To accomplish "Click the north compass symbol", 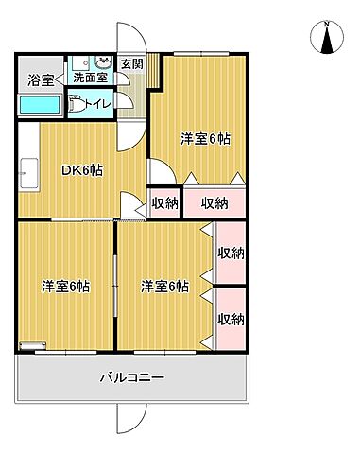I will click(x=327, y=37).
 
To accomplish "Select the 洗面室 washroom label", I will click(x=90, y=77).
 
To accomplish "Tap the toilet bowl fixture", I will click(x=79, y=106).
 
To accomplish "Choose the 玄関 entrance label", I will click(x=132, y=63).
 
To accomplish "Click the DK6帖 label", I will click(x=82, y=169).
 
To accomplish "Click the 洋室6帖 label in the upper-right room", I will click(x=206, y=139).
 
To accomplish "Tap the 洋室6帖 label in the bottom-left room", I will click(x=65, y=286).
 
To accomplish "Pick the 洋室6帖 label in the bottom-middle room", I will click(x=165, y=286).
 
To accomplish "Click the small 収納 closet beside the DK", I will click(x=163, y=202).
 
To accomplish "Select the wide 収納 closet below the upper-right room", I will click(x=214, y=202).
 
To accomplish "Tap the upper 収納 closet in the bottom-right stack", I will click(x=231, y=253).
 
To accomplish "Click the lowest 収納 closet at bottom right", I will click(x=231, y=319).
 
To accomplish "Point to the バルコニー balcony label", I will click(x=133, y=377).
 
